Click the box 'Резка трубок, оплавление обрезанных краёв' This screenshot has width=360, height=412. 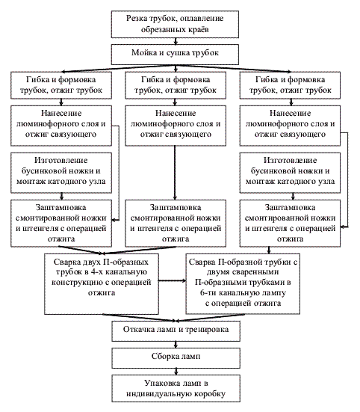coord(175,24)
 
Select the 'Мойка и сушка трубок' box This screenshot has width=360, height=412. coord(175,55)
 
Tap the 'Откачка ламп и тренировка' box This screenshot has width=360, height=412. coord(176,331)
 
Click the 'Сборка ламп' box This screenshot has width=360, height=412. coord(176,358)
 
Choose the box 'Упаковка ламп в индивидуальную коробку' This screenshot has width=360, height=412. coord(176,388)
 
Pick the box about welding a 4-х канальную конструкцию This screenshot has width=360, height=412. coord(102,284)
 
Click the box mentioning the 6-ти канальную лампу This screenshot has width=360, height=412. coord(243,284)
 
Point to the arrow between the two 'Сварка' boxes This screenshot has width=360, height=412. coord(173,280)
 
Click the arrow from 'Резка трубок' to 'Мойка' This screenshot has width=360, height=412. coord(176,41)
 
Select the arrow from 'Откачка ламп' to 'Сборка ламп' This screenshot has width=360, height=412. coord(176,345)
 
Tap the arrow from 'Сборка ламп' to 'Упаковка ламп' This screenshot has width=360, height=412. coord(176,372)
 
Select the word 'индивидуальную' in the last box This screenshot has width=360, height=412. coord(156,394)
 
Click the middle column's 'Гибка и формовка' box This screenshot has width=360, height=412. coord(176,85)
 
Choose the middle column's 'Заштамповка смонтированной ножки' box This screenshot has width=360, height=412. coord(176,224)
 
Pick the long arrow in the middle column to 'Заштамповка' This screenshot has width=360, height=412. coord(175,173)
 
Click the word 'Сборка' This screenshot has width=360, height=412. coord(162,357)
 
